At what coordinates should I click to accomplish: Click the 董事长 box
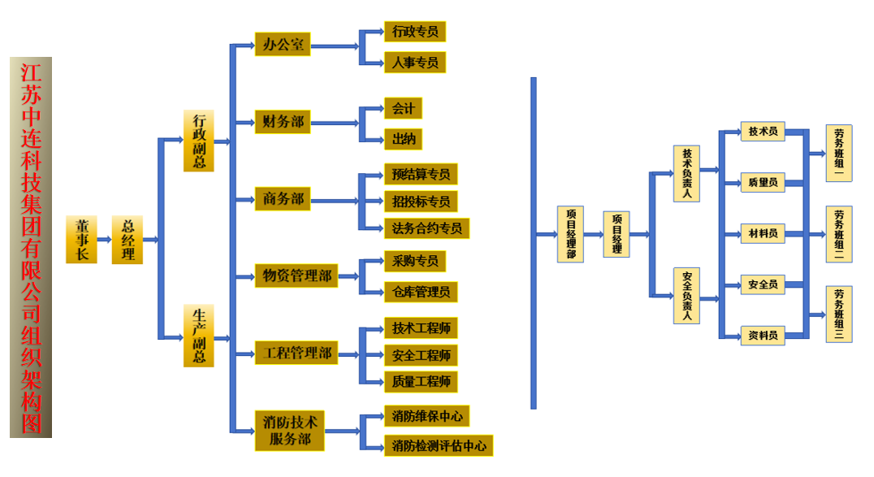(x=81, y=240)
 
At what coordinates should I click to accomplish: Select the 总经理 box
(x=128, y=240)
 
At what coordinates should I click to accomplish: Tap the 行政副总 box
(x=198, y=141)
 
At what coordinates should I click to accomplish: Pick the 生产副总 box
(x=198, y=336)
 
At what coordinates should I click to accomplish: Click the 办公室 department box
(x=283, y=45)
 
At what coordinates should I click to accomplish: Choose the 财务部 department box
(x=283, y=123)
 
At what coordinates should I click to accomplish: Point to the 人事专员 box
(x=414, y=62)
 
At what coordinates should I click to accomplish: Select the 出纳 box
(x=403, y=139)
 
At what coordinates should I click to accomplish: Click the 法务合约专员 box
(x=426, y=228)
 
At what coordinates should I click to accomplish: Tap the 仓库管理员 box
(x=420, y=291)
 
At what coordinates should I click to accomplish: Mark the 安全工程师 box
(x=420, y=355)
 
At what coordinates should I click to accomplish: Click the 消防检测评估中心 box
(x=439, y=445)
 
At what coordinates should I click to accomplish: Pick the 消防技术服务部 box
(x=289, y=431)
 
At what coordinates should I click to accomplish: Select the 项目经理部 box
(x=570, y=234)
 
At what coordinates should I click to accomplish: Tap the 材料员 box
(x=763, y=234)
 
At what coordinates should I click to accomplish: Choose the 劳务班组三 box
(x=839, y=314)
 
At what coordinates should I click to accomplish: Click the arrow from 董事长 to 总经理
(x=104, y=240)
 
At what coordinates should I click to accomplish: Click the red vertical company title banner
(x=31, y=247)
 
